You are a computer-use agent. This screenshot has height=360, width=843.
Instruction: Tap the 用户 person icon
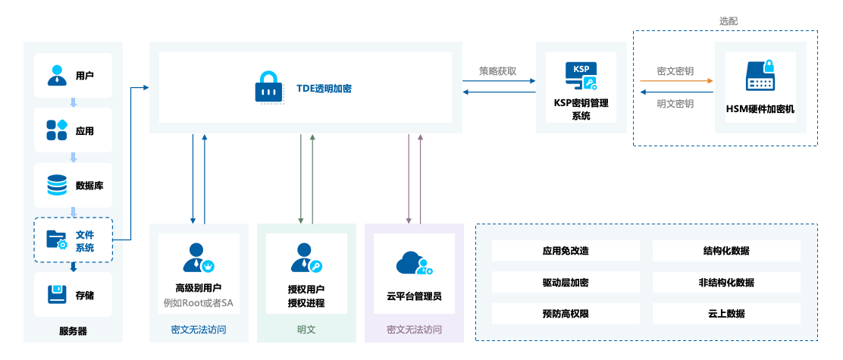tap(58, 75)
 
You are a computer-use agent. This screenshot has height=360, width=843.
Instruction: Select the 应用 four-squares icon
tap(58, 130)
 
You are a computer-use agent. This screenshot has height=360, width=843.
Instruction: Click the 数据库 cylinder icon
tap(58, 185)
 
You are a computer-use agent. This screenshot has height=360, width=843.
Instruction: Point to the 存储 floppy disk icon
tap(58, 295)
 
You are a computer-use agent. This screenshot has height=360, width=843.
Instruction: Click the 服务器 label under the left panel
tap(73, 331)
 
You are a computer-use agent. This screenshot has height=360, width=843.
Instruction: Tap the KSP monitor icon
tap(581, 77)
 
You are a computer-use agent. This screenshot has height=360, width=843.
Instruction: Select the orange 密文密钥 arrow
tap(675, 81)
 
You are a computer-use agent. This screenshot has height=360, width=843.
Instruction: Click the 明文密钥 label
tap(675, 104)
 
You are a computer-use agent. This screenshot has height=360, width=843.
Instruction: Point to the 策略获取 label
tap(498, 70)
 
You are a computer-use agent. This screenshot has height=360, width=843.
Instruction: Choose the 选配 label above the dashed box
tap(729, 21)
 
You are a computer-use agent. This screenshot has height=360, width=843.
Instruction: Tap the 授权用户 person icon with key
tap(306, 258)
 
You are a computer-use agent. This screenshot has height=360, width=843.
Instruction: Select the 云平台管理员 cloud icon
tap(414, 263)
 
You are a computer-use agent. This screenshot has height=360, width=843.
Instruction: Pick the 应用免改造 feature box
tap(566, 251)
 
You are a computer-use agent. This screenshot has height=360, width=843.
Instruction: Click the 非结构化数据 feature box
tap(726, 283)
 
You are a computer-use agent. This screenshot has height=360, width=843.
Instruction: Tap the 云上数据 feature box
tap(726, 314)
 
